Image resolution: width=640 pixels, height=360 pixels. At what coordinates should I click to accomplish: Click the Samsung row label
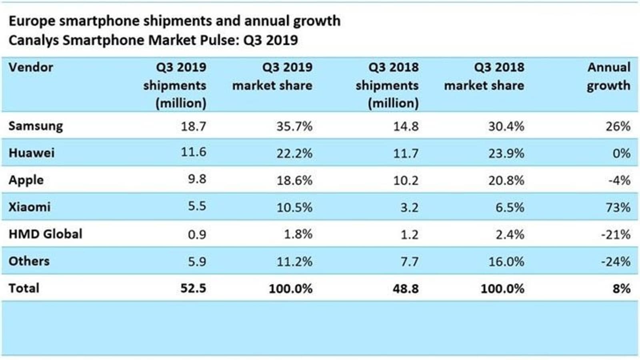click(36, 126)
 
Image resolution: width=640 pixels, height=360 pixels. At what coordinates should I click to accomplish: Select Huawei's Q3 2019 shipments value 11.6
click(194, 152)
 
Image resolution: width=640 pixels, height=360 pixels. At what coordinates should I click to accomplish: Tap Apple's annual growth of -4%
click(619, 180)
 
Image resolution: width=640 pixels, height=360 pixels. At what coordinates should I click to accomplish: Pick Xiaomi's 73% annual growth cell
click(618, 208)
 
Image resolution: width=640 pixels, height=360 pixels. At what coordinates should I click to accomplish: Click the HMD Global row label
click(45, 234)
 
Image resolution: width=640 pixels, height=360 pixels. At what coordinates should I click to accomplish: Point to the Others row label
click(29, 261)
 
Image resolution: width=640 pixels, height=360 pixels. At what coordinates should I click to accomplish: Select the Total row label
click(24, 288)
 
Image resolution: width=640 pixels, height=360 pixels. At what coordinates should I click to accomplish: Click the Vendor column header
click(31, 67)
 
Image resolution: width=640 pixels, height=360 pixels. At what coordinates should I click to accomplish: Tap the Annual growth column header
click(608, 76)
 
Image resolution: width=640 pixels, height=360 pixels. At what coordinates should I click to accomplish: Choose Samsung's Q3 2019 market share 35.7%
click(294, 126)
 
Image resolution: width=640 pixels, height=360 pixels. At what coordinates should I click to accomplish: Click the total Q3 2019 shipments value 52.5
click(193, 288)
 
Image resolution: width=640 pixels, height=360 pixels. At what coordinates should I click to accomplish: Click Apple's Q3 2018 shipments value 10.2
click(406, 180)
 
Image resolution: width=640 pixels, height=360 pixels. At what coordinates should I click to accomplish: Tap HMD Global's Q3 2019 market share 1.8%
click(298, 234)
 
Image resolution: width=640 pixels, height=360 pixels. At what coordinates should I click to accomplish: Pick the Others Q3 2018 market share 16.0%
click(506, 262)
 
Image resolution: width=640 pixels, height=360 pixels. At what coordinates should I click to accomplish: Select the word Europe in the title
click(32, 21)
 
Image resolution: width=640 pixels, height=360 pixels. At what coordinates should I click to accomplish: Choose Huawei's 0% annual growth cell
click(621, 153)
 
